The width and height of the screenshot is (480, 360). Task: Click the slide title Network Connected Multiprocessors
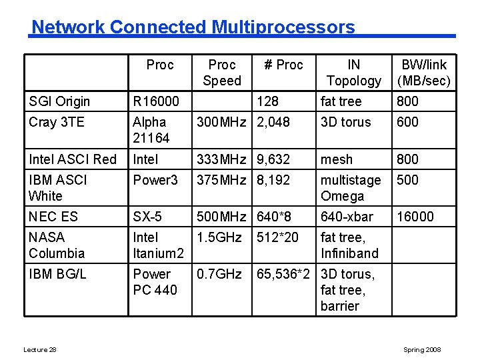193,27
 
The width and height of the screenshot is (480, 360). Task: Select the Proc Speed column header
222,73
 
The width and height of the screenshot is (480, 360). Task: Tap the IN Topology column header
354,73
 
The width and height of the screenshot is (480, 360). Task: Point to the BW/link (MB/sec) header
424,73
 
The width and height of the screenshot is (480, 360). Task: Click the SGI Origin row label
59,101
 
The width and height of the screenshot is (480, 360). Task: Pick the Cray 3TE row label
57,122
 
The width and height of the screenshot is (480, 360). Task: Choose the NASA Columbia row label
57,245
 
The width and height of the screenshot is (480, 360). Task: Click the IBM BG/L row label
57,274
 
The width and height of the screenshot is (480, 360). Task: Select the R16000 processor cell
156,101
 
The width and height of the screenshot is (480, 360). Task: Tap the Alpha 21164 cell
151,130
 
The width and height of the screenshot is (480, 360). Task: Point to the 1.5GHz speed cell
219,237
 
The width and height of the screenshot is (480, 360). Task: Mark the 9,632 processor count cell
273,159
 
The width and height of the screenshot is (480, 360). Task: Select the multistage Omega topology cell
351,188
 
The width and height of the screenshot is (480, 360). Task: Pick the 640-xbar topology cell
347,217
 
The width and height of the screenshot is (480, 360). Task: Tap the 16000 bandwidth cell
415,217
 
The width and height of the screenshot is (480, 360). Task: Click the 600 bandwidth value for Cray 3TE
408,122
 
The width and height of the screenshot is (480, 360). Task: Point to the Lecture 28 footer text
39,350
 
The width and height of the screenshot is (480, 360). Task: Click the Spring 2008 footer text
422,350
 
